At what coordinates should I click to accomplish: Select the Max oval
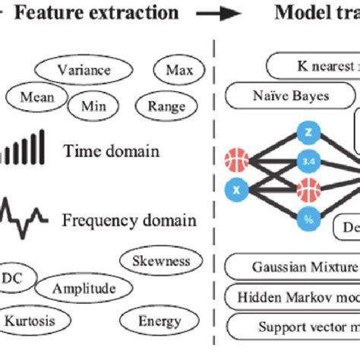pyautogui.click(x=178, y=71)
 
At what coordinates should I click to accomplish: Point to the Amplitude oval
pyautogui.click(x=85, y=289)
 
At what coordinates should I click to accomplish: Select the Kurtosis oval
pyautogui.click(x=30, y=321)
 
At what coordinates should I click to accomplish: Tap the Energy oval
pyautogui.click(x=159, y=321)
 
